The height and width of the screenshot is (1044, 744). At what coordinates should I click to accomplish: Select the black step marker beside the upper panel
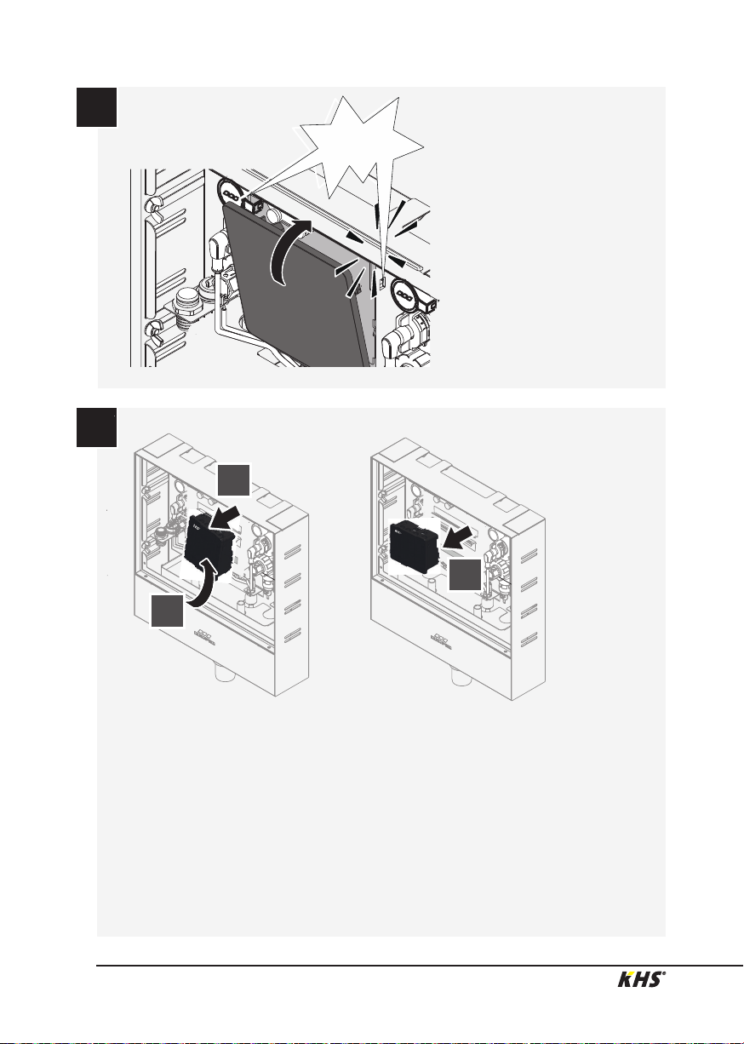96,106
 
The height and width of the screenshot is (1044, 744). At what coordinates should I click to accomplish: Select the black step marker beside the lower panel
96,427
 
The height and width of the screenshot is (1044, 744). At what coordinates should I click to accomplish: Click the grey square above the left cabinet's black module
234,479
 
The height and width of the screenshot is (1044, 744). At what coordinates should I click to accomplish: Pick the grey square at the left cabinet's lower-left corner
167,611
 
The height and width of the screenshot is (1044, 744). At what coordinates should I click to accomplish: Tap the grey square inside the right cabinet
465,575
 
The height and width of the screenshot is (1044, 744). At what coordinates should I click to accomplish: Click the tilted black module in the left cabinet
209,543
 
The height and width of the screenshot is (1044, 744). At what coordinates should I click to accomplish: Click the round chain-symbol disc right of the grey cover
403,295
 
